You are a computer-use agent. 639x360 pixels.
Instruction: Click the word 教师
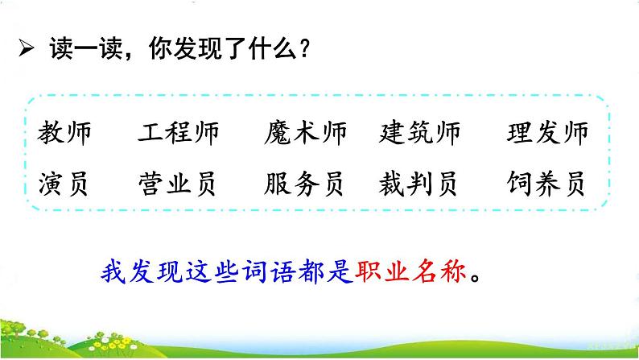pyautogui.click(x=64, y=133)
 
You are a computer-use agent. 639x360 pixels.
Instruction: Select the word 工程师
pyautogui.click(x=179, y=133)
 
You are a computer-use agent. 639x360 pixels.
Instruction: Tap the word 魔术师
pyautogui.click(x=306, y=133)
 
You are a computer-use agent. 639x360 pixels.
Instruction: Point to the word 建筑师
pyautogui.click(x=420, y=133)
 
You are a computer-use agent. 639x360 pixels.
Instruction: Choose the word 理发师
pyautogui.click(x=548, y=133)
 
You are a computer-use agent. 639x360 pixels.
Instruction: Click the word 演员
pyautogui.click(x=63, y=184)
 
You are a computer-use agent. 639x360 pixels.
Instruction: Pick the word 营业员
pyautogui.click(x=177, y=184)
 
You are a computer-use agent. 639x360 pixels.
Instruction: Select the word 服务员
pyautogui.click(x=303, y=184)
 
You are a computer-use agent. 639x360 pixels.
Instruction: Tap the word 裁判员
pyautogui.click(x=418, y=184)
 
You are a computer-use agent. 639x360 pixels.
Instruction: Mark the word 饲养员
pyautogui.click(x=546, y=184)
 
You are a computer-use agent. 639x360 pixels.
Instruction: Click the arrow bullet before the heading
pyautogui.click(x=26, y=49)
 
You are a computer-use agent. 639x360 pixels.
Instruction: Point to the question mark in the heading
pyautogui.click(x=304, y=48)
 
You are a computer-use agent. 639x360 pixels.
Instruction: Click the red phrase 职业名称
pyautogui.click(x=410, y=271)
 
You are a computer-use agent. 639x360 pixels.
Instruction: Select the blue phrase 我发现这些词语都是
pyautogui.click(x=228, y=271)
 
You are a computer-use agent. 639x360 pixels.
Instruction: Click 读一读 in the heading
pyautogui.click(x=86, y=48)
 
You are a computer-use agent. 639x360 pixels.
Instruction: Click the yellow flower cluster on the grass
pyautogui.click(x=113, y=344)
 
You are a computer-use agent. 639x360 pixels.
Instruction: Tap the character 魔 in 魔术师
pyautogui.click(x=278, y=133)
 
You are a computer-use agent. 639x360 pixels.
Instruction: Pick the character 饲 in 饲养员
pyautogui.click(x=520, y=184)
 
